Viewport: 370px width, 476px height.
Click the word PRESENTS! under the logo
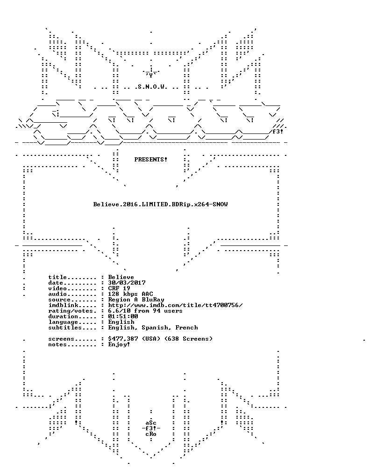[151, 160]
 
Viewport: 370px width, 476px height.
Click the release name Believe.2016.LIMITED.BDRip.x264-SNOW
[160, 204]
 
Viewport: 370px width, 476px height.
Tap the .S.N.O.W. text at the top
[151, 87]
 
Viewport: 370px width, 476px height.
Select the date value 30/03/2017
[127, 283]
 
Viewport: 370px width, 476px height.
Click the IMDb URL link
[175, 305]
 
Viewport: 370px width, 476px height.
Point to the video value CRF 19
[119, 288]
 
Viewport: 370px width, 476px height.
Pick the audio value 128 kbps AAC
[130, 294]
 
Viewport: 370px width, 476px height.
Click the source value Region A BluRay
[136, 300]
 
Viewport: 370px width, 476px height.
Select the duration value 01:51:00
[123, 316]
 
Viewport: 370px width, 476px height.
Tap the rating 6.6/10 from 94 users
[145, 311]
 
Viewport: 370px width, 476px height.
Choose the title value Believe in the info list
[121, 277]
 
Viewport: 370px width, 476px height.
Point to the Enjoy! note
[119, 344]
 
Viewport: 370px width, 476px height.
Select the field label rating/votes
[71, 311]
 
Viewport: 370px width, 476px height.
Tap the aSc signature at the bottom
[151, 423]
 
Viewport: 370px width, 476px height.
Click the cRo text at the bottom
[151, 434]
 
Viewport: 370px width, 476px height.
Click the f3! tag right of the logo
[277, 132]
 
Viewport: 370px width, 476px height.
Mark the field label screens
[61, 339]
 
